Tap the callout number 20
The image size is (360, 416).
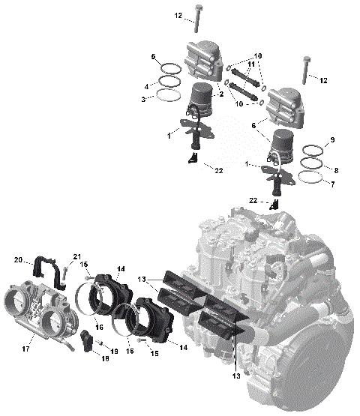[19, 260]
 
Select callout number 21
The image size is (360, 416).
[76, 258]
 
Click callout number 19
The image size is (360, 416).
[113, 351]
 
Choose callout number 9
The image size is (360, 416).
[334, 140]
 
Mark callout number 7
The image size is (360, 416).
[334, 170]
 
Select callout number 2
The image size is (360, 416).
[220, 95]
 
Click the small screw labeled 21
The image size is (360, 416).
[65, 274]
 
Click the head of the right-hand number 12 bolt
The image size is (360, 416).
[307, 59]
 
